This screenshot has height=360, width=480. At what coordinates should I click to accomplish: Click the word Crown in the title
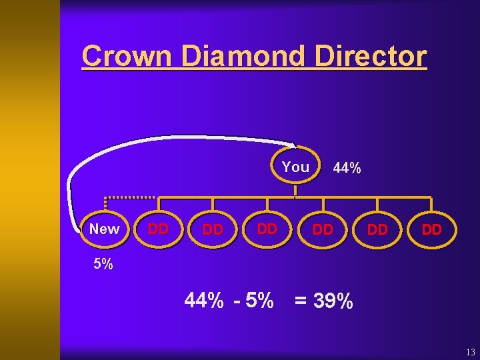(126, 56)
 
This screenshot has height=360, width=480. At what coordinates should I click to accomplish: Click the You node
(295, 167)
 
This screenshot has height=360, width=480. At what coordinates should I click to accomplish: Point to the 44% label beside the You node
(347, 168)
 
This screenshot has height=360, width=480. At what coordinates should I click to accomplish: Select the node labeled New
(104, 229)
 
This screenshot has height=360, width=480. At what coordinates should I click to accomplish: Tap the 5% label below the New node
(103, 264)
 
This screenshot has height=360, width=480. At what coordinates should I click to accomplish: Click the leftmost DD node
(157, 229)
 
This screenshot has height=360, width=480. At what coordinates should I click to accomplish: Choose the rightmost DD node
(432, 229)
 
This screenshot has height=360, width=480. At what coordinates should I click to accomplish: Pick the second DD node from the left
(212, 229)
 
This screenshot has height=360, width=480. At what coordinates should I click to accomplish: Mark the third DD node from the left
(267, 229)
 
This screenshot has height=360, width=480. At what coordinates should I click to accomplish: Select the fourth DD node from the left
(323, 229)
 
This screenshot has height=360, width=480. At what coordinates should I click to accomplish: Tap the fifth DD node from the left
(377, 229)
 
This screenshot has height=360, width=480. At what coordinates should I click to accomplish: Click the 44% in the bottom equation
(204, 301)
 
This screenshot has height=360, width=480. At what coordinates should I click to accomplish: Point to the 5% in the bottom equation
(259, 301)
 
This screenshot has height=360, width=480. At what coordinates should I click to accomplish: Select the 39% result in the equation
(333, 301)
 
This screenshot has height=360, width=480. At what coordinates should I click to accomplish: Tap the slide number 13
(470, 351)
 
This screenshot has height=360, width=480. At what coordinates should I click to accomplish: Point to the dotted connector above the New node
(129, 198)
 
